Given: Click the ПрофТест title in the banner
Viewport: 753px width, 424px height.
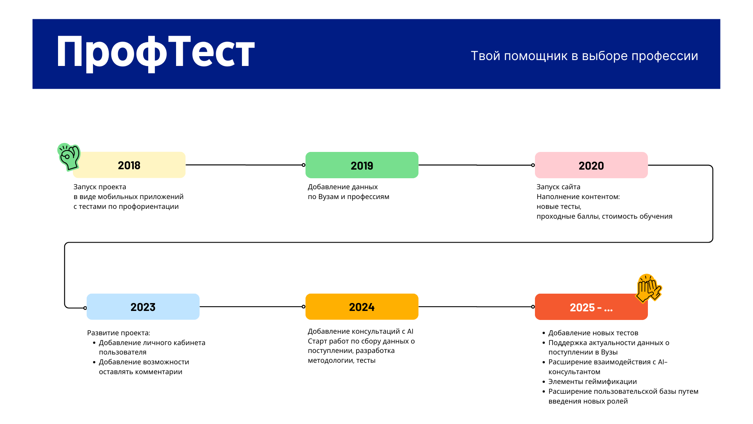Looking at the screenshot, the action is pos(155,53).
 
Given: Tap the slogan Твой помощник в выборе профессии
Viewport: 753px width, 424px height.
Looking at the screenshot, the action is pos(584,56).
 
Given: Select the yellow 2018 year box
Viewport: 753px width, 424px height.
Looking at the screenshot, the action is pos(129,165).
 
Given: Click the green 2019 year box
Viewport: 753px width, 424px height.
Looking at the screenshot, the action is pos(362,165).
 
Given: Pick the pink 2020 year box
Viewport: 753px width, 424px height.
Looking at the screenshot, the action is pos(591,165).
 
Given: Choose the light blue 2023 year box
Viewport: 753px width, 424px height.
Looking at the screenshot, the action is pos(143,307).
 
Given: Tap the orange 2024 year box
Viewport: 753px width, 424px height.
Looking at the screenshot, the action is pos(362,307).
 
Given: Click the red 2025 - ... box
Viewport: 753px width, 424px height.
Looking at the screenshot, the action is pos(591,307).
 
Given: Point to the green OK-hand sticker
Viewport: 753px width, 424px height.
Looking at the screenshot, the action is pos(69,157).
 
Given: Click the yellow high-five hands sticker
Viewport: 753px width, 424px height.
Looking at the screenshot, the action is pos(648,289).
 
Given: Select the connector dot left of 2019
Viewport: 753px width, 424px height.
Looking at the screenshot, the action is pos(304,165).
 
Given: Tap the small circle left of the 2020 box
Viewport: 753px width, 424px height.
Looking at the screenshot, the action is pos(533,165).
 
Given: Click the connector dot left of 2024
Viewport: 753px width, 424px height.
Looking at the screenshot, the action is pos(304,307).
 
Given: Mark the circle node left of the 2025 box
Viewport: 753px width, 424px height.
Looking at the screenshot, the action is pos(533,307).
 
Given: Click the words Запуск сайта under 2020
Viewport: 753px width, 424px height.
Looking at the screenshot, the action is pos(558,187).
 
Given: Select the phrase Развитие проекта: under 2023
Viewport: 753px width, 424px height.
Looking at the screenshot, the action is pos(118,333).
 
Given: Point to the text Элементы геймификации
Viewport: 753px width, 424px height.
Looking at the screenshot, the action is pos(593,382).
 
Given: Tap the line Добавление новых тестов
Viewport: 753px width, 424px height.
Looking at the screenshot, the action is pos(593,333).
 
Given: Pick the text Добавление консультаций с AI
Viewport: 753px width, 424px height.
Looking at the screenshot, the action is pos(360,331).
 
